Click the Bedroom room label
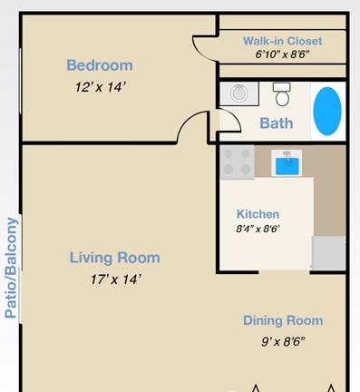(x=100, y=65)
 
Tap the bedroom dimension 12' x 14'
(x=100, y=87)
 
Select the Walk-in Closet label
(x=283, y=41)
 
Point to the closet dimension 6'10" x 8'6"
(x=282, y=54)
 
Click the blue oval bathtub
(x=327, y=111)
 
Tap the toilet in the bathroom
(x=282, y=94)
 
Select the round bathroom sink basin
(x=239, y=93)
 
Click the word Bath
(x=277, y=123)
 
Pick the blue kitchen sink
(x=287, y=163)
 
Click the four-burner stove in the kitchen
(x=237, y=162)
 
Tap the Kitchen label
(x=258, y=214)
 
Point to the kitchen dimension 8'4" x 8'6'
(x=258, y=229)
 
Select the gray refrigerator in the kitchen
(x=328, y=253)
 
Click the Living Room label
(x=115, y=258)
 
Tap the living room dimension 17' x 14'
(x=115, y=279)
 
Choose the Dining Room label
(x=283, y=320)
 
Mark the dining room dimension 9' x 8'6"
(x=283, y=342)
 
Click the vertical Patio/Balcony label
(x=11, y=268)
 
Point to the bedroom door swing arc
(x=185, y=119)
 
